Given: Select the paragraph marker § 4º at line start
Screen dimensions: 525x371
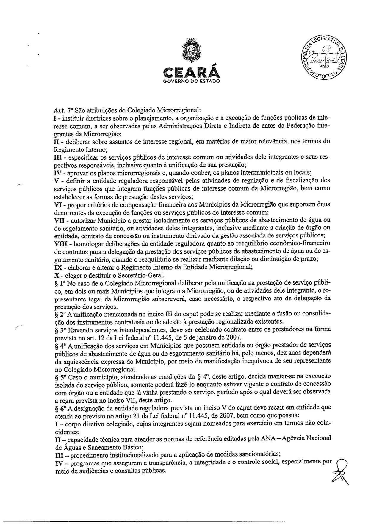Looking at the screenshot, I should [x=61, y=346].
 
